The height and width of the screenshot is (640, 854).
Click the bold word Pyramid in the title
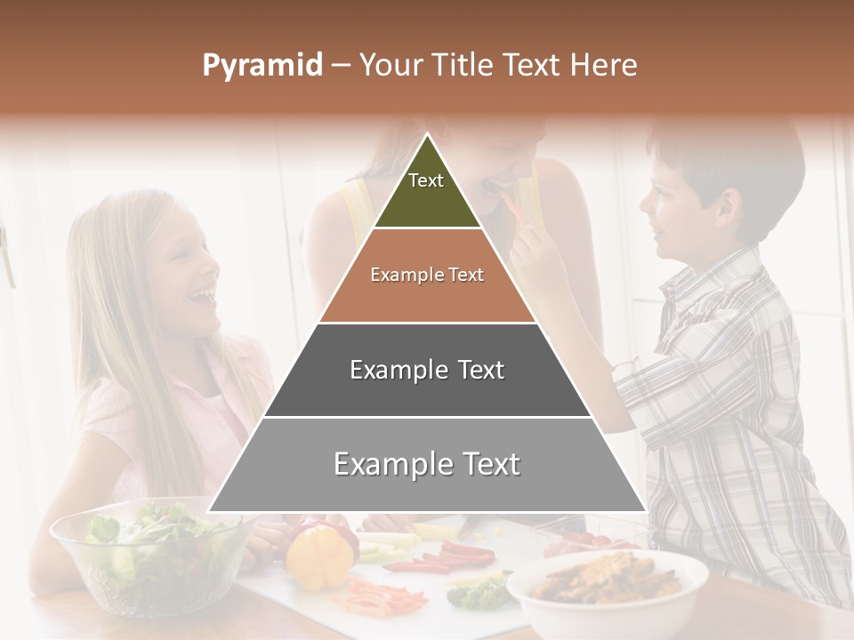coord(262,66)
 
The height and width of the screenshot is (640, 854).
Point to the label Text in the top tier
coord(426,180)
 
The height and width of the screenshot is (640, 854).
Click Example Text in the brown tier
coord(427,275)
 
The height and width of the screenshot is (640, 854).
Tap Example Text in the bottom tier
coord(427,464)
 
